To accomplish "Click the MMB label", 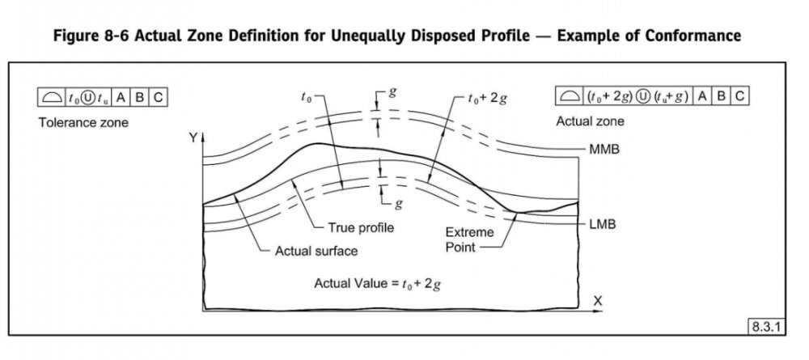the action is (x=604, y=150).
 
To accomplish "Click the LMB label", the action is (x=603, y=225).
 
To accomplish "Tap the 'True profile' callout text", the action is (x=361, y=228).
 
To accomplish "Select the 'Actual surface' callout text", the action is (x=316, y=251).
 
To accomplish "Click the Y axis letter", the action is (x=193, y=138).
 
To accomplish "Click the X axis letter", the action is (x=598, y=301).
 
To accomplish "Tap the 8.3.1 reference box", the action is (x=767, y=327).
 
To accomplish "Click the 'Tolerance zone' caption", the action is (x=83, y=123).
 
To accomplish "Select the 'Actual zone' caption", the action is (x=590, y=121).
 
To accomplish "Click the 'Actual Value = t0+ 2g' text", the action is (x=377, y=284).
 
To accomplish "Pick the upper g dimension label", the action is (x=393, y=93).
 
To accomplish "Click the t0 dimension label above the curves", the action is (x=306, y=98).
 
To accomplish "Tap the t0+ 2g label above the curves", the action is (x=487, y=100).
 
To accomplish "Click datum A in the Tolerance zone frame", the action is (x=121, y=97).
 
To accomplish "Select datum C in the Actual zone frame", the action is (x=739, y=96).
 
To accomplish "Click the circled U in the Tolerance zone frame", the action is (x=87, y=97).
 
